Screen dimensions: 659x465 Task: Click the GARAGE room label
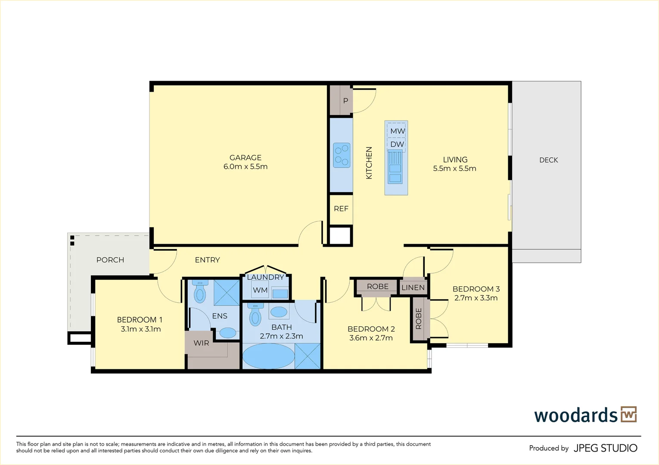click(246, 158)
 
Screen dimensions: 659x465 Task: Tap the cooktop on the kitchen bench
click(342, 155)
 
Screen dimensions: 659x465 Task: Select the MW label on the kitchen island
click(398, 131)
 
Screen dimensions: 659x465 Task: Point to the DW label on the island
click(397, 144)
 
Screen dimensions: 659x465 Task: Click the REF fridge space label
click(341, 209)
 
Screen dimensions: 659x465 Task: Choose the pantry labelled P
click(346, 101)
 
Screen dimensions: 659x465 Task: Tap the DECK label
click(548, 160)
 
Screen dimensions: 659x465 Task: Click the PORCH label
click(110, 260)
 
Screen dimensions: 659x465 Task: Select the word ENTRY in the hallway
click(208, 260)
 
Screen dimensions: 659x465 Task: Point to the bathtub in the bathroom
click(269, 356)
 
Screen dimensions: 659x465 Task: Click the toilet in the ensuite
click(200, 291)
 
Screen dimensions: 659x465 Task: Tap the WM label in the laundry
click(260, 290)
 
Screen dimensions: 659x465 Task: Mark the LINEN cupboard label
click(413, 288)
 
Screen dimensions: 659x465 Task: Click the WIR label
click(201, 343)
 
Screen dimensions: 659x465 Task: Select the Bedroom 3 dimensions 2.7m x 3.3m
click(476, 298)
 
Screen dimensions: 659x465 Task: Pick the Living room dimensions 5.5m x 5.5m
click(454, 168)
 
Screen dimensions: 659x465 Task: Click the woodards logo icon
click(629, 415)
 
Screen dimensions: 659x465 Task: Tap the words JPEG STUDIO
click(606, 448)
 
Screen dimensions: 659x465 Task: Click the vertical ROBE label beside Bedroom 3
click(419, 319)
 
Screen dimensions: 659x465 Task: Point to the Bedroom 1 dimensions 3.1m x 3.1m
click(140, 329)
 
